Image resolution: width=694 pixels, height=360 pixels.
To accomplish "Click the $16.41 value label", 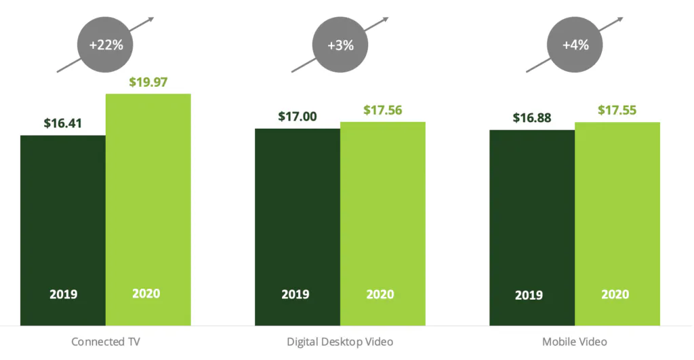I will (63, 123).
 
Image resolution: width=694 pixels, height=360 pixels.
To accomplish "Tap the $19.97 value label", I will (148, 83).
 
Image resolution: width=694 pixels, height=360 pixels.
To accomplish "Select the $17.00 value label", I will (297, 117).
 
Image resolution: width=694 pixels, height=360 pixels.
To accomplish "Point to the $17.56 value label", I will (382, 110).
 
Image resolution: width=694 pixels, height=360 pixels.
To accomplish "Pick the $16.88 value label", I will (532, 118).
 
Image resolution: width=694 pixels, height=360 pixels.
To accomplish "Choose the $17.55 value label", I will (617, 111).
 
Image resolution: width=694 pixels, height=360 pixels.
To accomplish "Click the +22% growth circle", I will (105, 45).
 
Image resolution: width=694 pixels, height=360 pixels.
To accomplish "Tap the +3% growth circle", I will (340, 45).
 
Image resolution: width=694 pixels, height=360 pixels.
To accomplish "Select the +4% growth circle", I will (575, 45).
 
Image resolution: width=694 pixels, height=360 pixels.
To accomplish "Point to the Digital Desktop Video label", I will (340, 342).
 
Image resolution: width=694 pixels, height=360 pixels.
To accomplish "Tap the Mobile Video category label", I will (575, 342).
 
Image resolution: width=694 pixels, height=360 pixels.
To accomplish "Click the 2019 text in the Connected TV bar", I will (63, 295).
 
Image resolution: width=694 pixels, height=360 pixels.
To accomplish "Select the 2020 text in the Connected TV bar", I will (146, 294).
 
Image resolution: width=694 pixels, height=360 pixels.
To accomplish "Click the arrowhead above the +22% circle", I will (151, 18).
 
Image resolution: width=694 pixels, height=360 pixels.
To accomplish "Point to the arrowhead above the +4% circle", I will (621, 18).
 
